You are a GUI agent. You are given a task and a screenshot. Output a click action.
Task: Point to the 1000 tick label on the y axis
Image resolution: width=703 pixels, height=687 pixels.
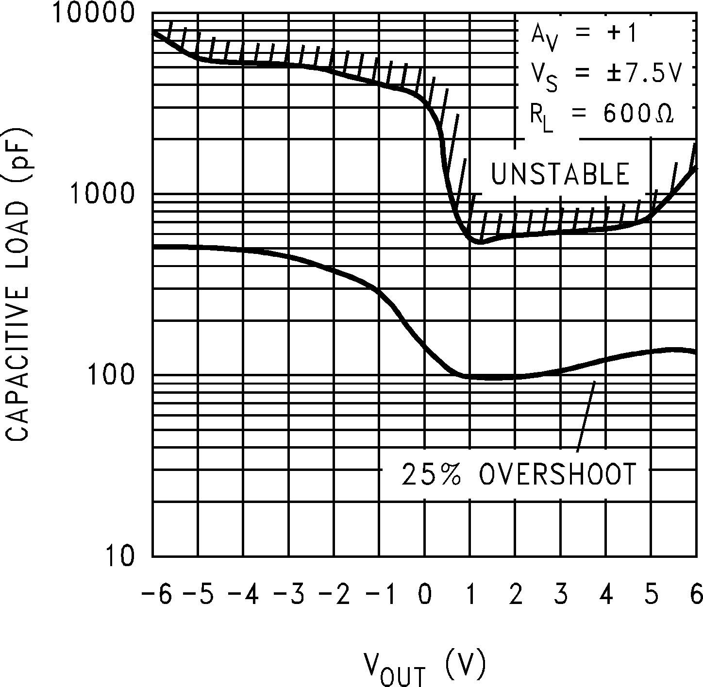pyautogui.click(x=102, y=194)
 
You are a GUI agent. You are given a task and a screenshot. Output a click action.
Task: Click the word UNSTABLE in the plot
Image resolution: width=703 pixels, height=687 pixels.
pyautogui.click(x=560, y=174)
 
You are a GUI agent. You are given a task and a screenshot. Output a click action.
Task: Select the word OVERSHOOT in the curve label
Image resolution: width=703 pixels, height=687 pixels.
pyautogui.click(x=557, y=474)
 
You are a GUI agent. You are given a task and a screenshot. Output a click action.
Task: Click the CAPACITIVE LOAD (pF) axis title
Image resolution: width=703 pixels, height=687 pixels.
pyautogui.click(x=18, y=285)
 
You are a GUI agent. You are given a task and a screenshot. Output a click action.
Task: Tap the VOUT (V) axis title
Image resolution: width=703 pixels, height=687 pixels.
pyautogui.click(x=424, y=667)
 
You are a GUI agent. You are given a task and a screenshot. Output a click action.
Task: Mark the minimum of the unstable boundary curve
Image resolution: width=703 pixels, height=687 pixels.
pyautogui.click(x=480, y=241)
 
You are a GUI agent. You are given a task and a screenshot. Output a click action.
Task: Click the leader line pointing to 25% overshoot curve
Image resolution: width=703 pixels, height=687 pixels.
pyautogui.click(x=586, y=418)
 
